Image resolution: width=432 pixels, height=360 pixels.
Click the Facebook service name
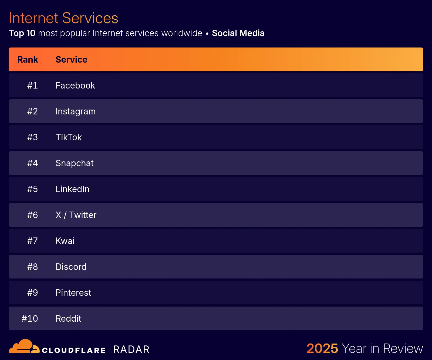[75, 86]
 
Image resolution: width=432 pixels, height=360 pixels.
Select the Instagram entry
[75, 111]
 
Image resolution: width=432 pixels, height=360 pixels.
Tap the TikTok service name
[69, 137]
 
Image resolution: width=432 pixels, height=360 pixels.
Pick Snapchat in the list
[75, 163]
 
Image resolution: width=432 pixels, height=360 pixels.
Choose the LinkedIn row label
[72, 189]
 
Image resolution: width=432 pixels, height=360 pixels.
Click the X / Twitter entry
[76, 215]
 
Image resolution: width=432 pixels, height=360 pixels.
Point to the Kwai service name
[65, 241]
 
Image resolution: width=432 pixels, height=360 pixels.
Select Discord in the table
[71, 267]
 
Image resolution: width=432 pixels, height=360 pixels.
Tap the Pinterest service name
[73, 293]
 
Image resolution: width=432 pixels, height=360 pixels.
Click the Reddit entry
[68, 319]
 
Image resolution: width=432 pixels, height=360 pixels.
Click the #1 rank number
[32, 86]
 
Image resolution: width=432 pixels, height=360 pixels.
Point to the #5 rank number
[32, 189]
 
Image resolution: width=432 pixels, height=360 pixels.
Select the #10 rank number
[30, 319]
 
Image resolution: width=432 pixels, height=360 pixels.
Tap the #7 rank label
[32, 241]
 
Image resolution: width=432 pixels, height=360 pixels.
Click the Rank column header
[28, 60]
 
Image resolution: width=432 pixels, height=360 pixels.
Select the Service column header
[71, 60]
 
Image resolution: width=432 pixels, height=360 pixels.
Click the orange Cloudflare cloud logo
[24, 347]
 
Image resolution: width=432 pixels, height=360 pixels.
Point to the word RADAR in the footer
[131, 349]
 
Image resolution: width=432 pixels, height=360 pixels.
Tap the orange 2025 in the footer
[322, 348]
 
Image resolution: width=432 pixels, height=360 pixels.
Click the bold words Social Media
[238, 33]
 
